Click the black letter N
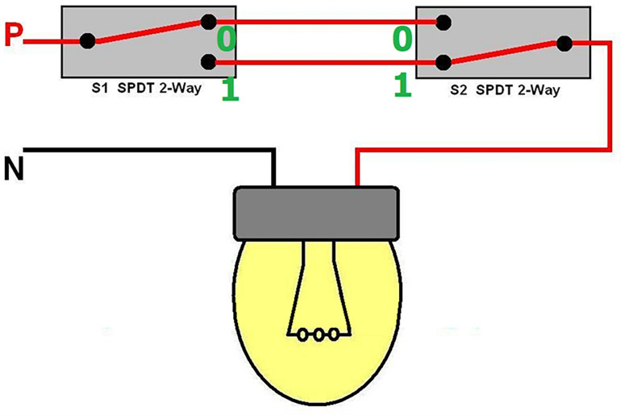point(14,171)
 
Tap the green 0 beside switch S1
point(227,38)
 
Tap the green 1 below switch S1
point(230,89)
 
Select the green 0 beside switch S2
point(402,38)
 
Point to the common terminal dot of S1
point(88,41)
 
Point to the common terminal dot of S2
point(565,44)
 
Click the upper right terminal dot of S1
point(210,22)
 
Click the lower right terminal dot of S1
point(210,61)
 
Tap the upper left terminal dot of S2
point(442,22)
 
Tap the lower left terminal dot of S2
point(442,61)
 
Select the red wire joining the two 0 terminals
point(323,22)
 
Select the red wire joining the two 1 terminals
point(323,62)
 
